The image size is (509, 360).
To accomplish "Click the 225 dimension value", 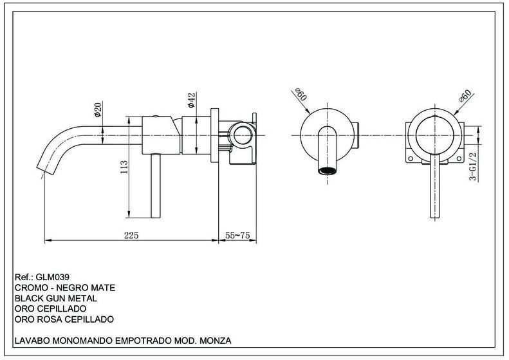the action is (131, 235).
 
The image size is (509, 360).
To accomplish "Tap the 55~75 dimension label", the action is (237, 235).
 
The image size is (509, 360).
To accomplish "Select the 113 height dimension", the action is (124, 167).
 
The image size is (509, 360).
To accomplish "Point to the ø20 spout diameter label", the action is (97, 109).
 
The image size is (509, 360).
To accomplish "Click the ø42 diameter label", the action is (191, 100).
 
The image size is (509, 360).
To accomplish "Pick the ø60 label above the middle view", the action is (301, 94).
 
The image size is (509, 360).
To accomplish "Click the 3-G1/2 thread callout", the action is (474, 166).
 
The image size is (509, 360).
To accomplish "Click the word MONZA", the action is (215, 341).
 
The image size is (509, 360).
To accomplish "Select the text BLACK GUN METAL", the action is (56, 298).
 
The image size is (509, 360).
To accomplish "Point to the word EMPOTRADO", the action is (143, 341).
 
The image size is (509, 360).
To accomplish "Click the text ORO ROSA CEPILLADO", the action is (64, 319).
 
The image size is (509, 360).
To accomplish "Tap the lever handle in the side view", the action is (156, 185).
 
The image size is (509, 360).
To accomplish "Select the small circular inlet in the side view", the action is (242, 135).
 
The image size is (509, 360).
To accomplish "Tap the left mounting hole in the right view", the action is (411, 159).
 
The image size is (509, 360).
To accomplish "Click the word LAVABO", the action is (32, 341).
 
